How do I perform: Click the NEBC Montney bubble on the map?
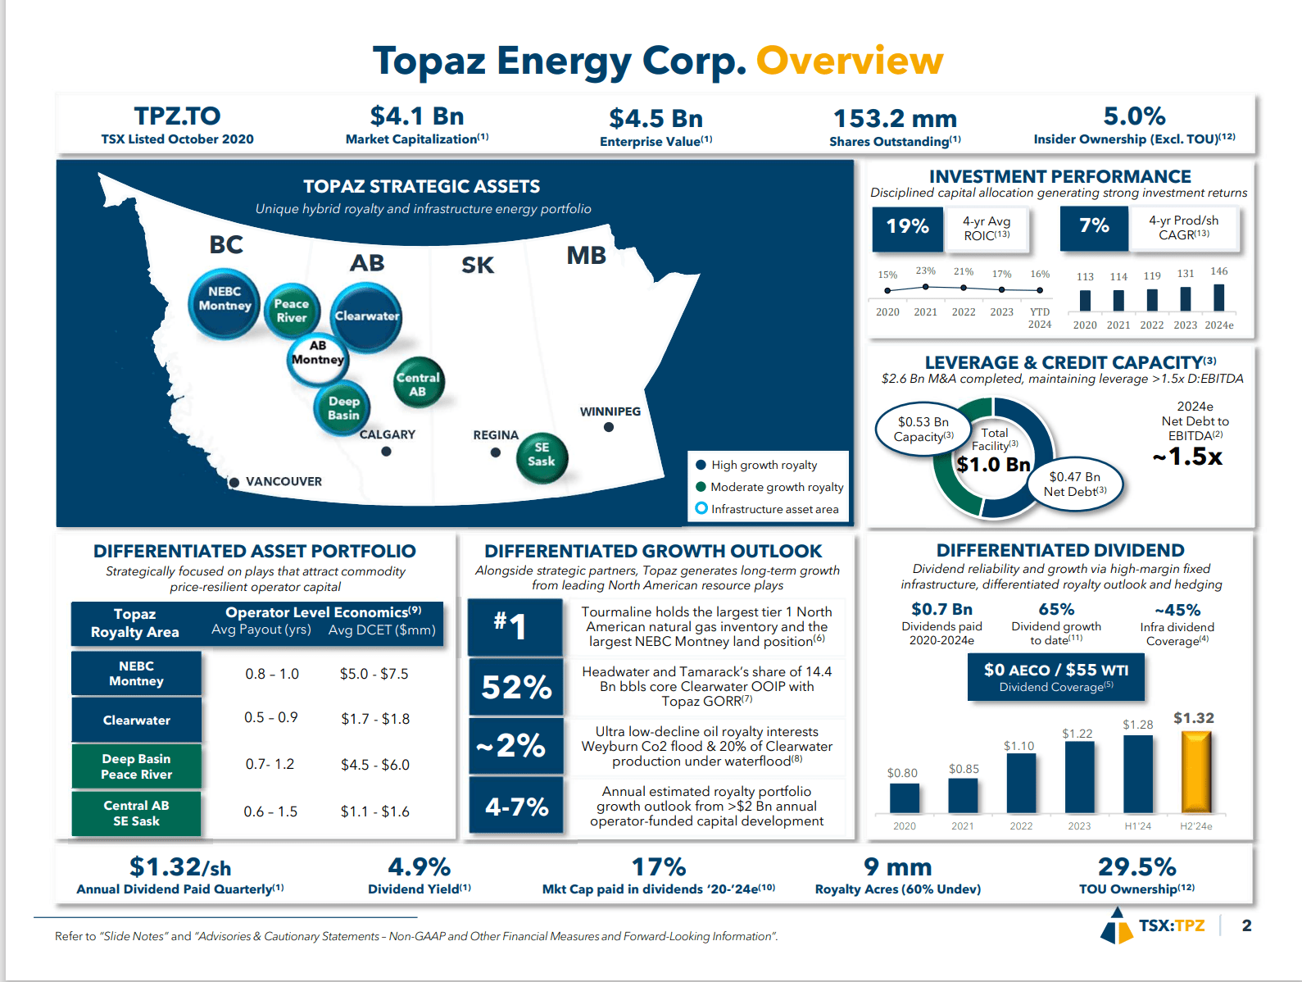pos(224,303)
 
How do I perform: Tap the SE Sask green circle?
pos(542,456)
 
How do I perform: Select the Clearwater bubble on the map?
pos(366,316)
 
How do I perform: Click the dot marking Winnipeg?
pos(609,427)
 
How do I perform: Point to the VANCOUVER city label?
pos(284,482)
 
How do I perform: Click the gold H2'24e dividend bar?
pos(1195,772)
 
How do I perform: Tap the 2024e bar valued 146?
pos(1218,297)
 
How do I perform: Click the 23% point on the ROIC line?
pos(925,287)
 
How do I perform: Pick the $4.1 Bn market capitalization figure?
pos(416,116)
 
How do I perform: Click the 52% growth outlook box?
pos(515,687)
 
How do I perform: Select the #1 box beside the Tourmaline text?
pos(515,626)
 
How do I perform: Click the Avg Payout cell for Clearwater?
pos(271,718)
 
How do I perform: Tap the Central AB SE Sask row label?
pos(136,813)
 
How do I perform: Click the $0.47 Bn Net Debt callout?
pos(1075,484)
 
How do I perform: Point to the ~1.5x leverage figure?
pos(1187,457)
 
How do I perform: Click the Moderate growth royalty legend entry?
pos(776,487)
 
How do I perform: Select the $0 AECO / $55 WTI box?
pos(1055,677)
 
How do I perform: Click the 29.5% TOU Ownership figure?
pos(1136,867)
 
